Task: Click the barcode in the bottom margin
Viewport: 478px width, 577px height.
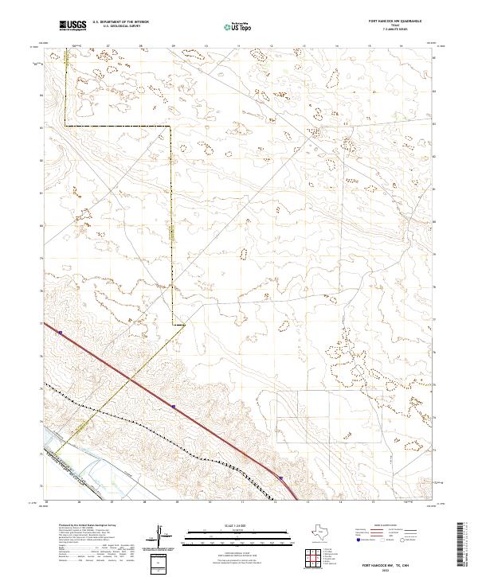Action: [x=462, y=548]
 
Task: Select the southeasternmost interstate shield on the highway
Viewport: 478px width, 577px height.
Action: [x=280, y=478]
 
